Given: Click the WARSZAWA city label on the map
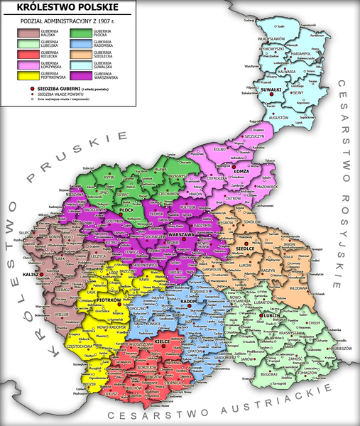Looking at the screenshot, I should pos(182,234).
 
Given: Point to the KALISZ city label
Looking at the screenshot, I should pos(32,273).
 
